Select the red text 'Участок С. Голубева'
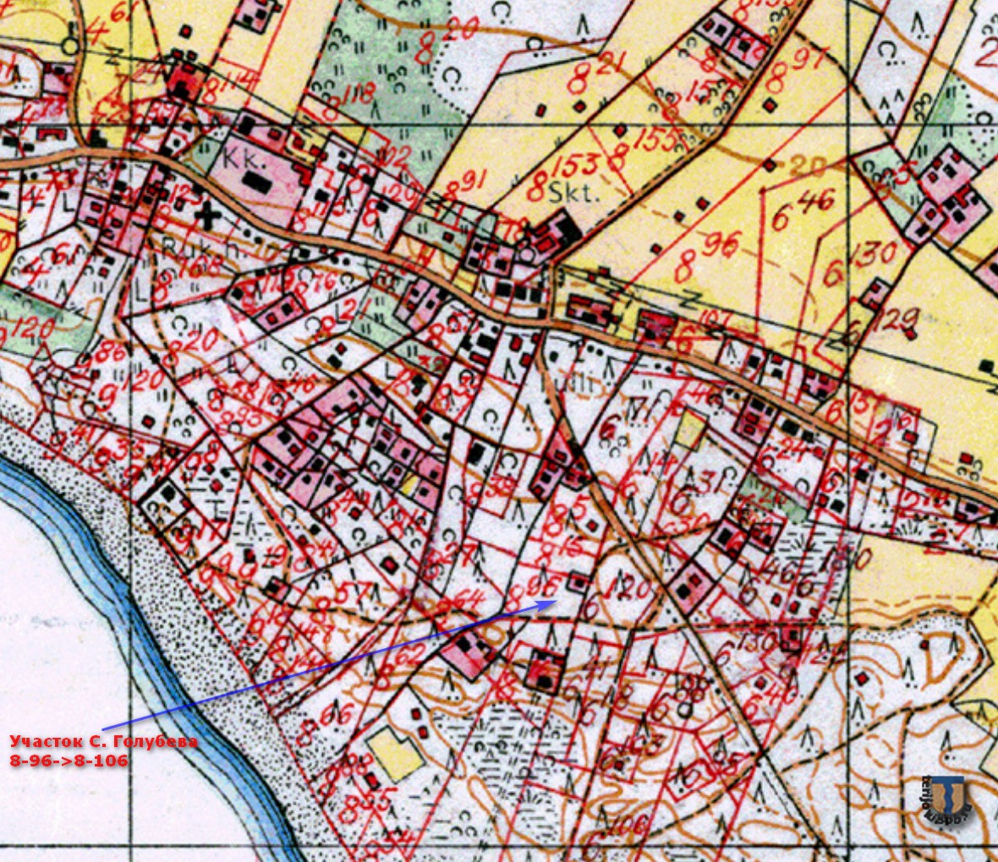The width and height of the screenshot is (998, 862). coord(104,741)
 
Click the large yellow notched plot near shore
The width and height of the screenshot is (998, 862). coord(395,752)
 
